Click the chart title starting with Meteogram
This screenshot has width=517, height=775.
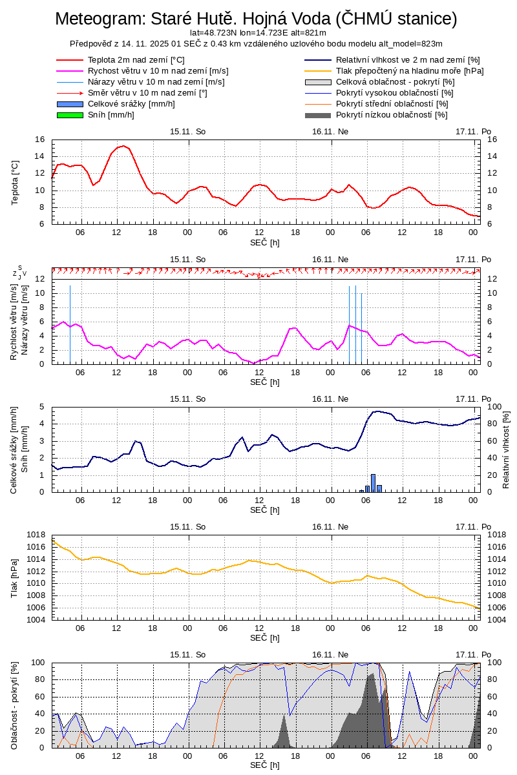[256, 19]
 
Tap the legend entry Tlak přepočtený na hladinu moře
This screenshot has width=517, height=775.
[409, 70]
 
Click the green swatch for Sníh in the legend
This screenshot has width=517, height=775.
[70, 115]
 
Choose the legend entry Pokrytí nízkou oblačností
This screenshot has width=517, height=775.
[392, 115]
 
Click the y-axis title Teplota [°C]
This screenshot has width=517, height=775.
[16, 182]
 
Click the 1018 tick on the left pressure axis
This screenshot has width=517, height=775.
[37, 535]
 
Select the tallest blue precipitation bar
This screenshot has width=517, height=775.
[373, 483]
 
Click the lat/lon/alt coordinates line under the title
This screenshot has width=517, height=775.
[257, 32]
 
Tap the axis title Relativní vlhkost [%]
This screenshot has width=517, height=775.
[506, 449]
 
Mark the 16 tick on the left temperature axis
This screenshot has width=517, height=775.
[40, 139]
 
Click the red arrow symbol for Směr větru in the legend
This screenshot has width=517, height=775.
[70, 93]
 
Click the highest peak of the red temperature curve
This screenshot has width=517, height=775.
[123, 146]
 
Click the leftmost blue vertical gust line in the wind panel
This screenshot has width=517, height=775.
[70, 323]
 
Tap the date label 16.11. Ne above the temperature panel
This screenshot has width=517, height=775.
[330, 131]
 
